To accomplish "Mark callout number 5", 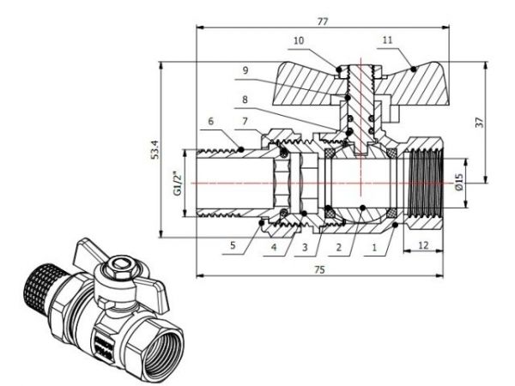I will (232, 244).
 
